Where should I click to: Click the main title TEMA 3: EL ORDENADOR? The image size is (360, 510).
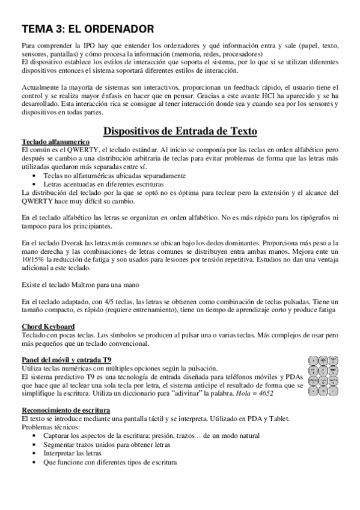point(87,28)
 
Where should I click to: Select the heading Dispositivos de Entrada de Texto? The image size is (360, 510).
point(180,131)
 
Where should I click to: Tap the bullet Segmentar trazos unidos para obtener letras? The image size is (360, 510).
point(106,444)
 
